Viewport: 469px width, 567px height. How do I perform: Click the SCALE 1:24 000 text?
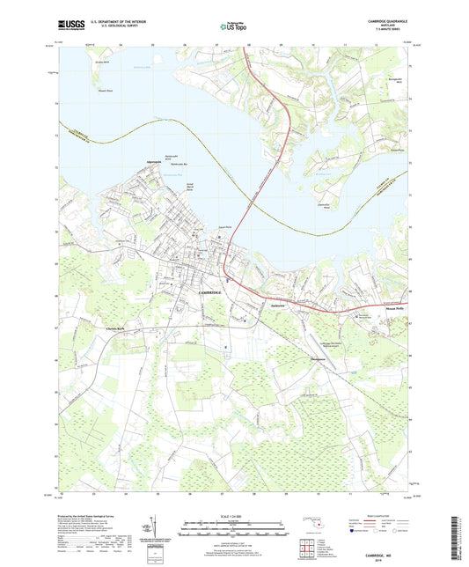pyautogui.click(x=233, y=517)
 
